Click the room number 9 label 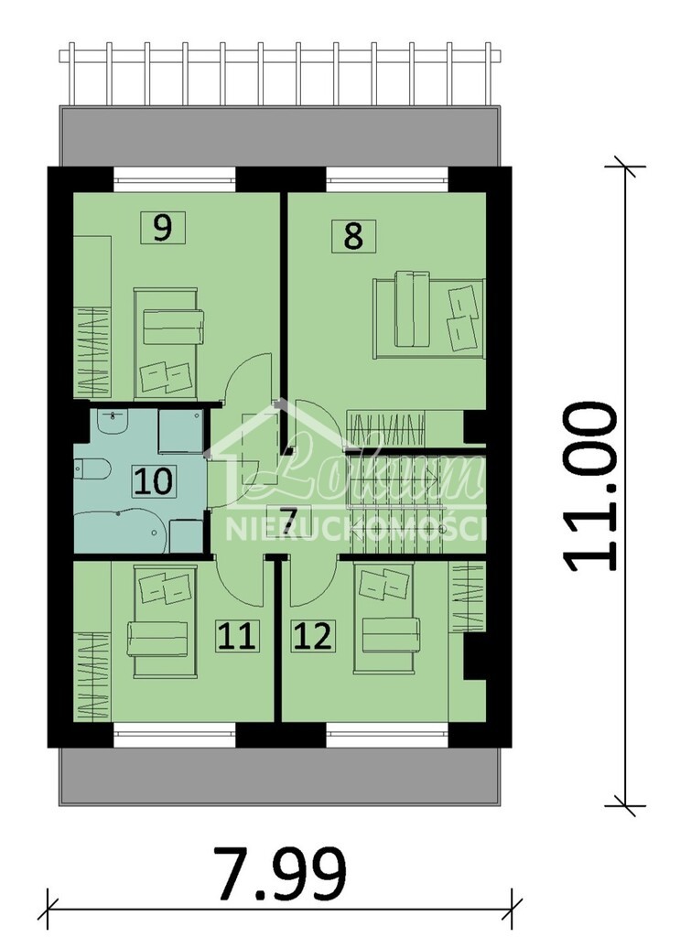point(163,227)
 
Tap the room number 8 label point(352,235)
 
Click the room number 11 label point(237,635)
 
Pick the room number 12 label point(312,635)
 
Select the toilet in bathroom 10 point(92,469)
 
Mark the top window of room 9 point(174,178)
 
